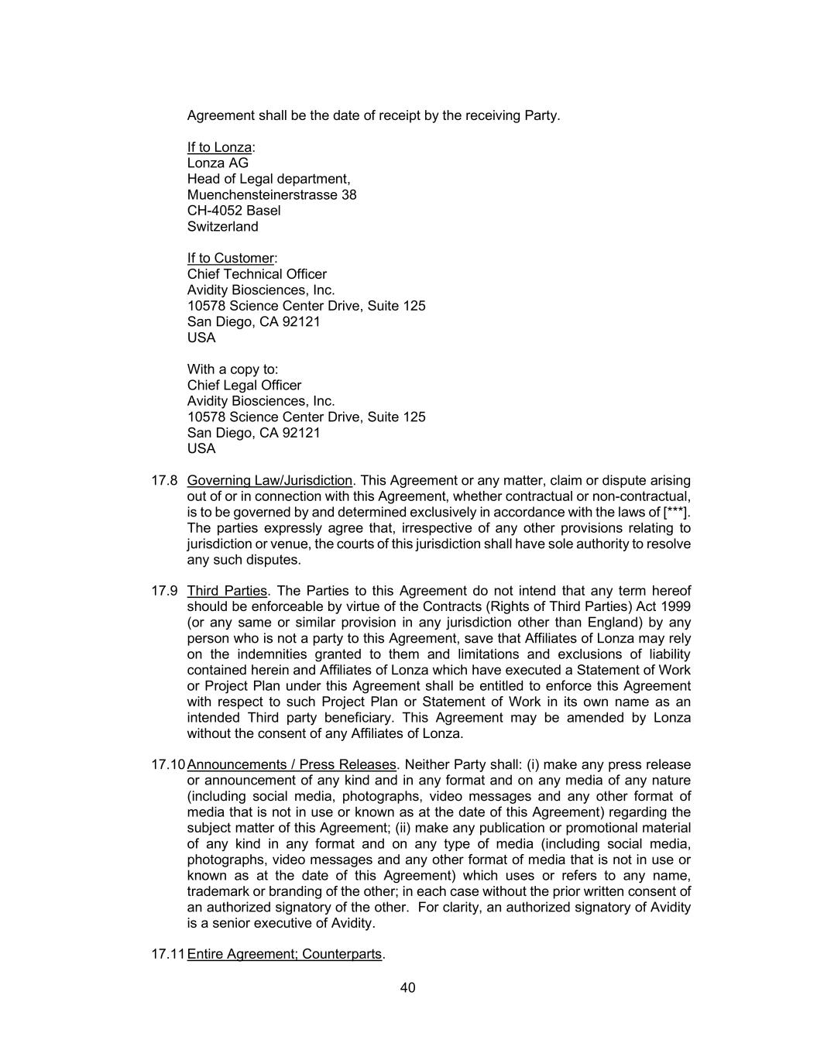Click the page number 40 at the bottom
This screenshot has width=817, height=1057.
(408, 987)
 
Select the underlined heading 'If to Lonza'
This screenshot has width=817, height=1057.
(220, 147)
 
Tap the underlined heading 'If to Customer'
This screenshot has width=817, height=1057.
(231, 258)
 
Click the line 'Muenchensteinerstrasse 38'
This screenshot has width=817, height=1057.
(272, 194)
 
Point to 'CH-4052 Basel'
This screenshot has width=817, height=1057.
(234, 211)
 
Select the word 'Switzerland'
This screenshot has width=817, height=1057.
(223, 227)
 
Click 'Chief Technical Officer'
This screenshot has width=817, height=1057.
(257, 274)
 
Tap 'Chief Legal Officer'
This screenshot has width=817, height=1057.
(245, 385)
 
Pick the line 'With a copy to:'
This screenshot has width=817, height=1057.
(232, 369)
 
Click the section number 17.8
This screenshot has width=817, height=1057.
(164, 480)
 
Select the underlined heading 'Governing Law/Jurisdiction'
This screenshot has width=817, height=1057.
(269, 480)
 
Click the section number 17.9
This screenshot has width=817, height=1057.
(164, 591)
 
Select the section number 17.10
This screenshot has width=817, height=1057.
(168, 764)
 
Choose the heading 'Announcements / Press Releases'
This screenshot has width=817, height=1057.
(292, 764)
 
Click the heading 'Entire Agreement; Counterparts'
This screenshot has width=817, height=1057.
(285, 954)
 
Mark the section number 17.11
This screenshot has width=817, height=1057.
(168, 954)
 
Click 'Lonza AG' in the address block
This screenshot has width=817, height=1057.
(218, 163)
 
